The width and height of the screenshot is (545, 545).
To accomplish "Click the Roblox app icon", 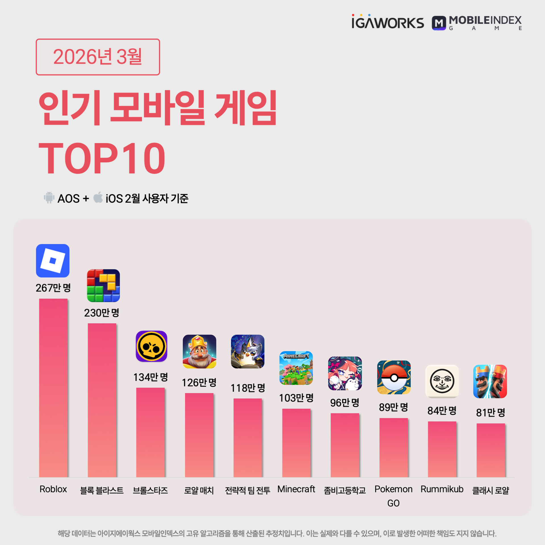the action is (x=53, y=261).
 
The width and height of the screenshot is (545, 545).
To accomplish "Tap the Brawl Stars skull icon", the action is (x=152, y=346).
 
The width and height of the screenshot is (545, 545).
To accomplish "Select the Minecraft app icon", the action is (x=296, y=368).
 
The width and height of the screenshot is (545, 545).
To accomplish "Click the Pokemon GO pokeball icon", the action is (x=394, y=377).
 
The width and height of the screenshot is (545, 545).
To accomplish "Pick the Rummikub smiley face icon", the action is (x=442, y=381).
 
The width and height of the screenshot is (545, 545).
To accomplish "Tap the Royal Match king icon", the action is (x=200, y=351).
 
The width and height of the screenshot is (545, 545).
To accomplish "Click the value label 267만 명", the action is (x=53, y=288).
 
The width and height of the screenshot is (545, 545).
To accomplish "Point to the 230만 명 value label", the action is (x=102, y=313).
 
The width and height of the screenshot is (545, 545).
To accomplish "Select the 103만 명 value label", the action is (x=296, y=398).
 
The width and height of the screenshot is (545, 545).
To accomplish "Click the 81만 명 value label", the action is (x=491, y=412).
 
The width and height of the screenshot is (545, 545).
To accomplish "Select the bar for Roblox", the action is (x=53, y=388).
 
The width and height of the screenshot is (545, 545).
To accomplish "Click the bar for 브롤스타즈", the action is (x=150, y=432).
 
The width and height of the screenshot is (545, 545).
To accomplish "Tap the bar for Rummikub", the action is (x=442, y=449).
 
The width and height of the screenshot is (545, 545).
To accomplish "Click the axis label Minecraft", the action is (x=296, y=489).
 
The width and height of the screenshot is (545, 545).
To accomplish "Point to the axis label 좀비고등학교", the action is (x=345, y=490).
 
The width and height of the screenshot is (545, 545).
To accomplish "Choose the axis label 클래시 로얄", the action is (x=491, y=490).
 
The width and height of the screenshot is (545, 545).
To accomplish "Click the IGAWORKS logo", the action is (x=388, y=22).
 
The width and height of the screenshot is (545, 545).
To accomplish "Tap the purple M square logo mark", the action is (x=439, y=23).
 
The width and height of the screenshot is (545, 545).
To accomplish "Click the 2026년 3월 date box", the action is (x=98, y=57).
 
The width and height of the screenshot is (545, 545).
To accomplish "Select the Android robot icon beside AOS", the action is (x=49, y=198).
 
